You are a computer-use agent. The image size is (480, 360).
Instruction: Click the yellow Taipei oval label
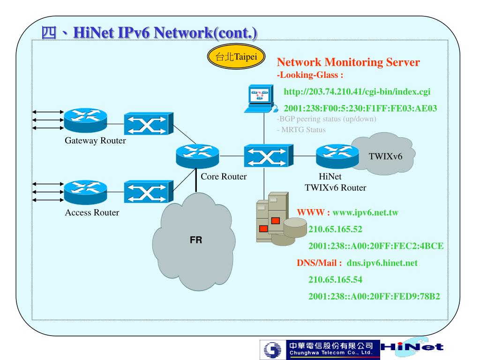coord(236,58)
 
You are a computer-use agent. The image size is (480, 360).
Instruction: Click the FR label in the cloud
coord(196,240)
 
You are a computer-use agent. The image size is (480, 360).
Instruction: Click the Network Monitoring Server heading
coord(348,62)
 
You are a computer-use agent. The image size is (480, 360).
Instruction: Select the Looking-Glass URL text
coord(360,91)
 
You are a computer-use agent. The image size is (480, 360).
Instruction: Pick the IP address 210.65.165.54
coord(335,280)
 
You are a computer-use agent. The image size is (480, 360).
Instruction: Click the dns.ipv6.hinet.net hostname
coord(382,262)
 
